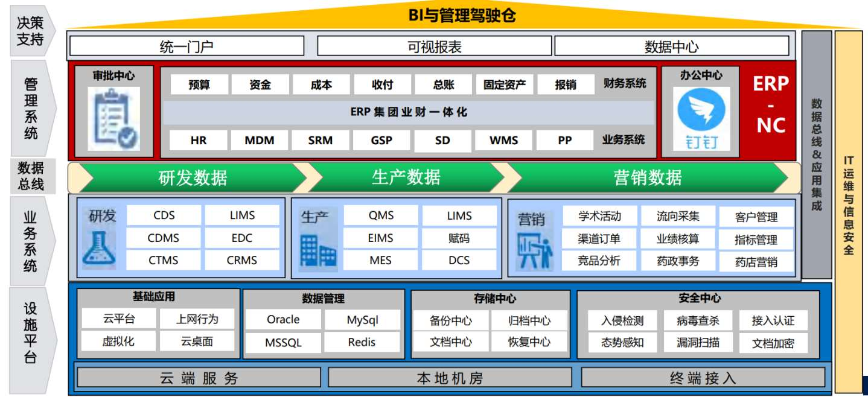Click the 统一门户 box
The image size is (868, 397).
[x=187, y=46]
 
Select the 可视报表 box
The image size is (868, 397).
[x=434, y=46]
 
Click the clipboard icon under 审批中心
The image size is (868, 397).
[x=113, y=118]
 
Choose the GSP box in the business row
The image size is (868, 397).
[x=381, y=141]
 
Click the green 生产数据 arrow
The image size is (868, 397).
[x=406, y=177]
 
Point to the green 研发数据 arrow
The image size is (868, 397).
[x=193, y=178]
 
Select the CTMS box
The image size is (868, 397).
[x=164, y=261]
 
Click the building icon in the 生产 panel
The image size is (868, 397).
[x=318, y=251]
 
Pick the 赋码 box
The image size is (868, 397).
[x=459, y=238]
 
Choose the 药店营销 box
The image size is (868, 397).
[x=756, y=262]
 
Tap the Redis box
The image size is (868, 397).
[x=362, y=342]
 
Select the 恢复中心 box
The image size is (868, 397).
[x=529, y=341]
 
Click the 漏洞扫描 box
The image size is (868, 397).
[x=698, y=342]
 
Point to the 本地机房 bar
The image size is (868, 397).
[x=450, y=378]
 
